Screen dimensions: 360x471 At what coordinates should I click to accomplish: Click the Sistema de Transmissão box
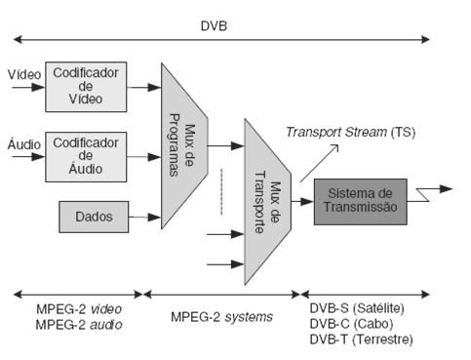point(360,202)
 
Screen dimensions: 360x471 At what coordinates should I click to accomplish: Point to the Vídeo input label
point(23,74)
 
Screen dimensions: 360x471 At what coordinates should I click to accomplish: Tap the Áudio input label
point(23,144)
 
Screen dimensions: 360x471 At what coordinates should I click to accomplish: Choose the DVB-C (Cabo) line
point(349,324)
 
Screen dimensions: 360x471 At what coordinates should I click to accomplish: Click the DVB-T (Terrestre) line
point(360,339)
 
